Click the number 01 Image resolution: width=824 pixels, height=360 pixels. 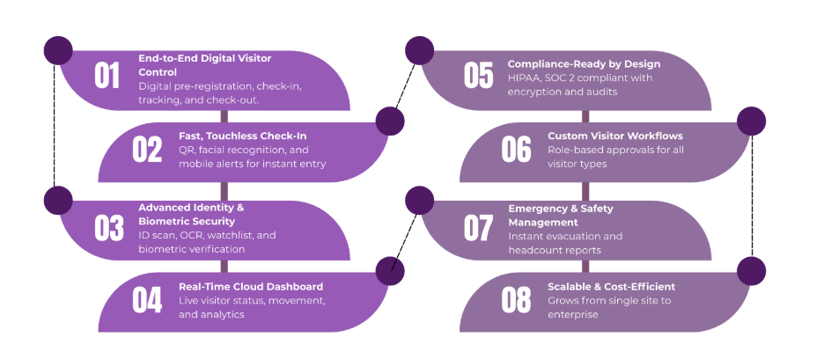[107, 76]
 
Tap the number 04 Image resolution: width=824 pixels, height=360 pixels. [147, 300]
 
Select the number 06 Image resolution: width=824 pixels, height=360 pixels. [516, 150]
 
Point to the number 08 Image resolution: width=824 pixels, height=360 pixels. [516, 300]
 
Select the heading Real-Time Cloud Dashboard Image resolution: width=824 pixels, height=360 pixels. [251, 286]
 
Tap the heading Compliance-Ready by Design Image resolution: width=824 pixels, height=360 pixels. [584, 64]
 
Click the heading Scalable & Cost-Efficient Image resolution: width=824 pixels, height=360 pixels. [611, 286]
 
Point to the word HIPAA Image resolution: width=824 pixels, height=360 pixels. [525, 77]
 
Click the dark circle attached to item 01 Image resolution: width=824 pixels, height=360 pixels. [58, 50]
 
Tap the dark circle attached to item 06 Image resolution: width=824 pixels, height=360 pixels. [751, 121]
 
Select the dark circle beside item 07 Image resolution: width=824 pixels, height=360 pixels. [419, 200]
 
